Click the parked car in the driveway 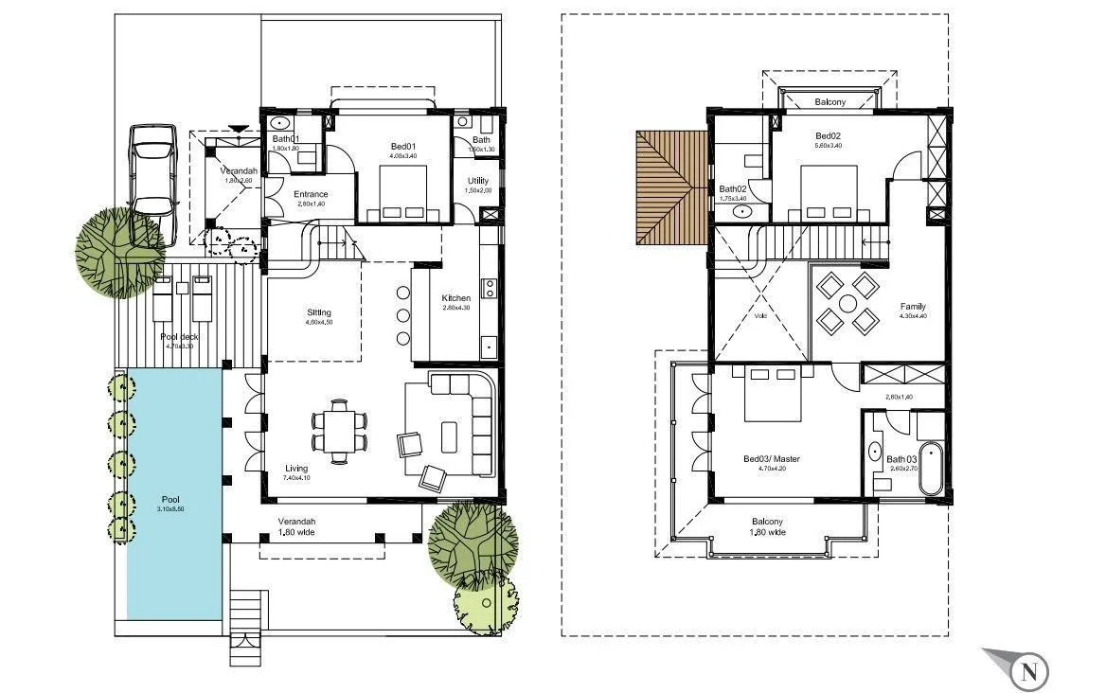[x=152, y=169]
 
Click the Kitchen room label [x=455, y=299]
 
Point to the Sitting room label [x=318, y=312]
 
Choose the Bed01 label [x=403, y=147]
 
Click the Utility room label [x=477, y=181]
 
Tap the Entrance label [x=311, y=195]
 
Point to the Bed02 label [x=828, y=135]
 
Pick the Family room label [x=913, y=307]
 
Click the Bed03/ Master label [x=772, y=459]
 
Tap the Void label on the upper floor [x=759, y=317]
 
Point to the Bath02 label [x=733, y=188]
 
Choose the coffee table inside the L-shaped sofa [x=449, y=435]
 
